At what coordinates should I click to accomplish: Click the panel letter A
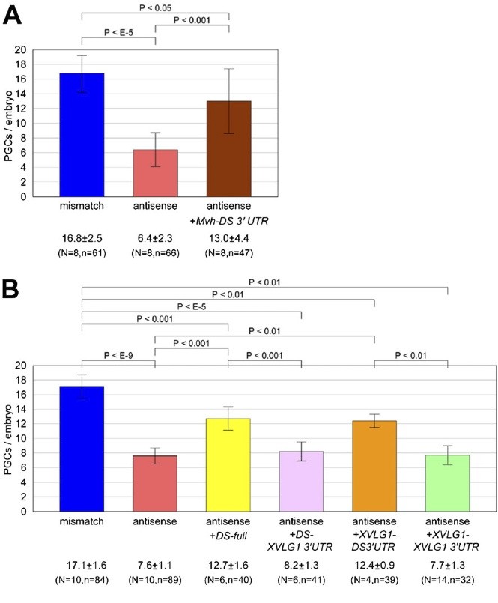[x=13, y=16]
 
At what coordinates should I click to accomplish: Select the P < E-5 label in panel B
[x=192, y=306]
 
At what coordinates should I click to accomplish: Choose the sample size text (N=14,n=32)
[x=447, y=579]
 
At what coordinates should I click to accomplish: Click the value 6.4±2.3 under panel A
[x=156, y=237]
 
